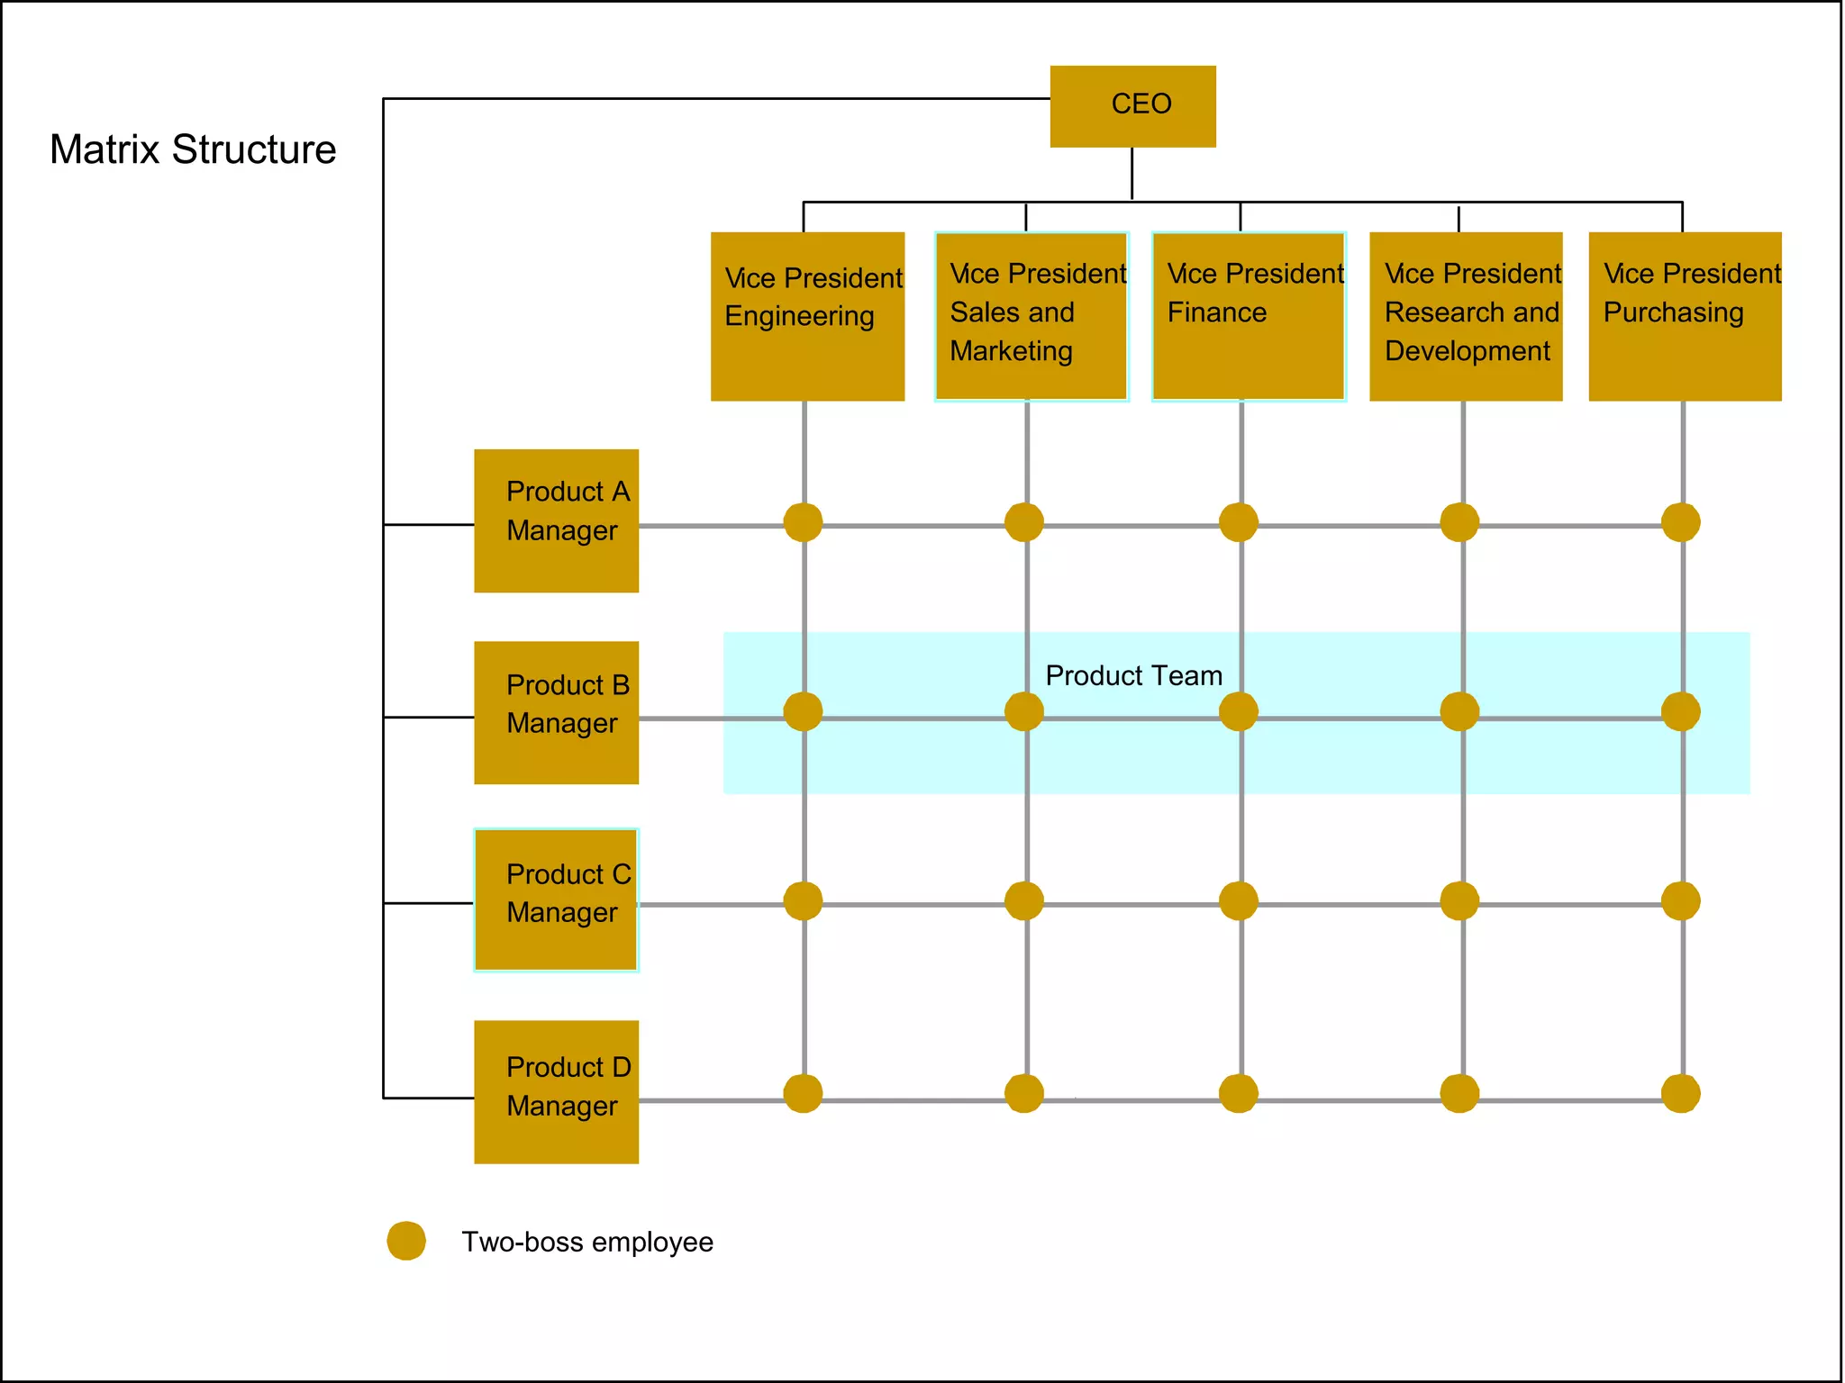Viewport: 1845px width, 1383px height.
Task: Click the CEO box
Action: (x=1132, y=105)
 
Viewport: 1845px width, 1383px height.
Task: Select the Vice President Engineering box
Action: (x=807, y=316)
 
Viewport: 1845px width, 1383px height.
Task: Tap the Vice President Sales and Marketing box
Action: (x=1032, y=316)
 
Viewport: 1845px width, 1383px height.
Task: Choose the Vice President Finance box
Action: (x=1249, y=316)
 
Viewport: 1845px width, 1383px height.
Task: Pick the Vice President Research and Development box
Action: (x=1466, y=316)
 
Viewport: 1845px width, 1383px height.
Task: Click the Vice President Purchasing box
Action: (x=1685, y=316)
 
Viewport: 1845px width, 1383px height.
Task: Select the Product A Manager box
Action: (x=557, y=520)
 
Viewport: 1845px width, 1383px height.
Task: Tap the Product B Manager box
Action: (x=557, y=712)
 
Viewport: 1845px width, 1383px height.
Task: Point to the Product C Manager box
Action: (x=557, y=899)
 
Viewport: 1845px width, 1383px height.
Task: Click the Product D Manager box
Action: (x=557, y=1091)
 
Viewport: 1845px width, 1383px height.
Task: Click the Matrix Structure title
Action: (x=193, y=149)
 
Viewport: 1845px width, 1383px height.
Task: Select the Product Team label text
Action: (x=1133, y=675)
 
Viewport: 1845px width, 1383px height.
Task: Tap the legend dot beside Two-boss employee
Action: (x=406, y=1241)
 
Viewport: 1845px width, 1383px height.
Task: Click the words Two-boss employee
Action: (x=587, y=1242)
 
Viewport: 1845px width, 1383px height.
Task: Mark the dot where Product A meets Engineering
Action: (x=803, y=522)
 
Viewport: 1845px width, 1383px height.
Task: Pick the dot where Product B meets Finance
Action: (x=1239, y=711)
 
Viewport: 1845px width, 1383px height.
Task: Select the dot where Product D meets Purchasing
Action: (x=1681, y=1093)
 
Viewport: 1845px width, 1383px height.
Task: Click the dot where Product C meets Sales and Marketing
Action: (x=1024, y=900)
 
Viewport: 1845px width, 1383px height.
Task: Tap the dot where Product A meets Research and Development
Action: (x=1459, y=522)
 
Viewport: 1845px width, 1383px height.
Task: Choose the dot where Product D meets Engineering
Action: (x=803, y=1093)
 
